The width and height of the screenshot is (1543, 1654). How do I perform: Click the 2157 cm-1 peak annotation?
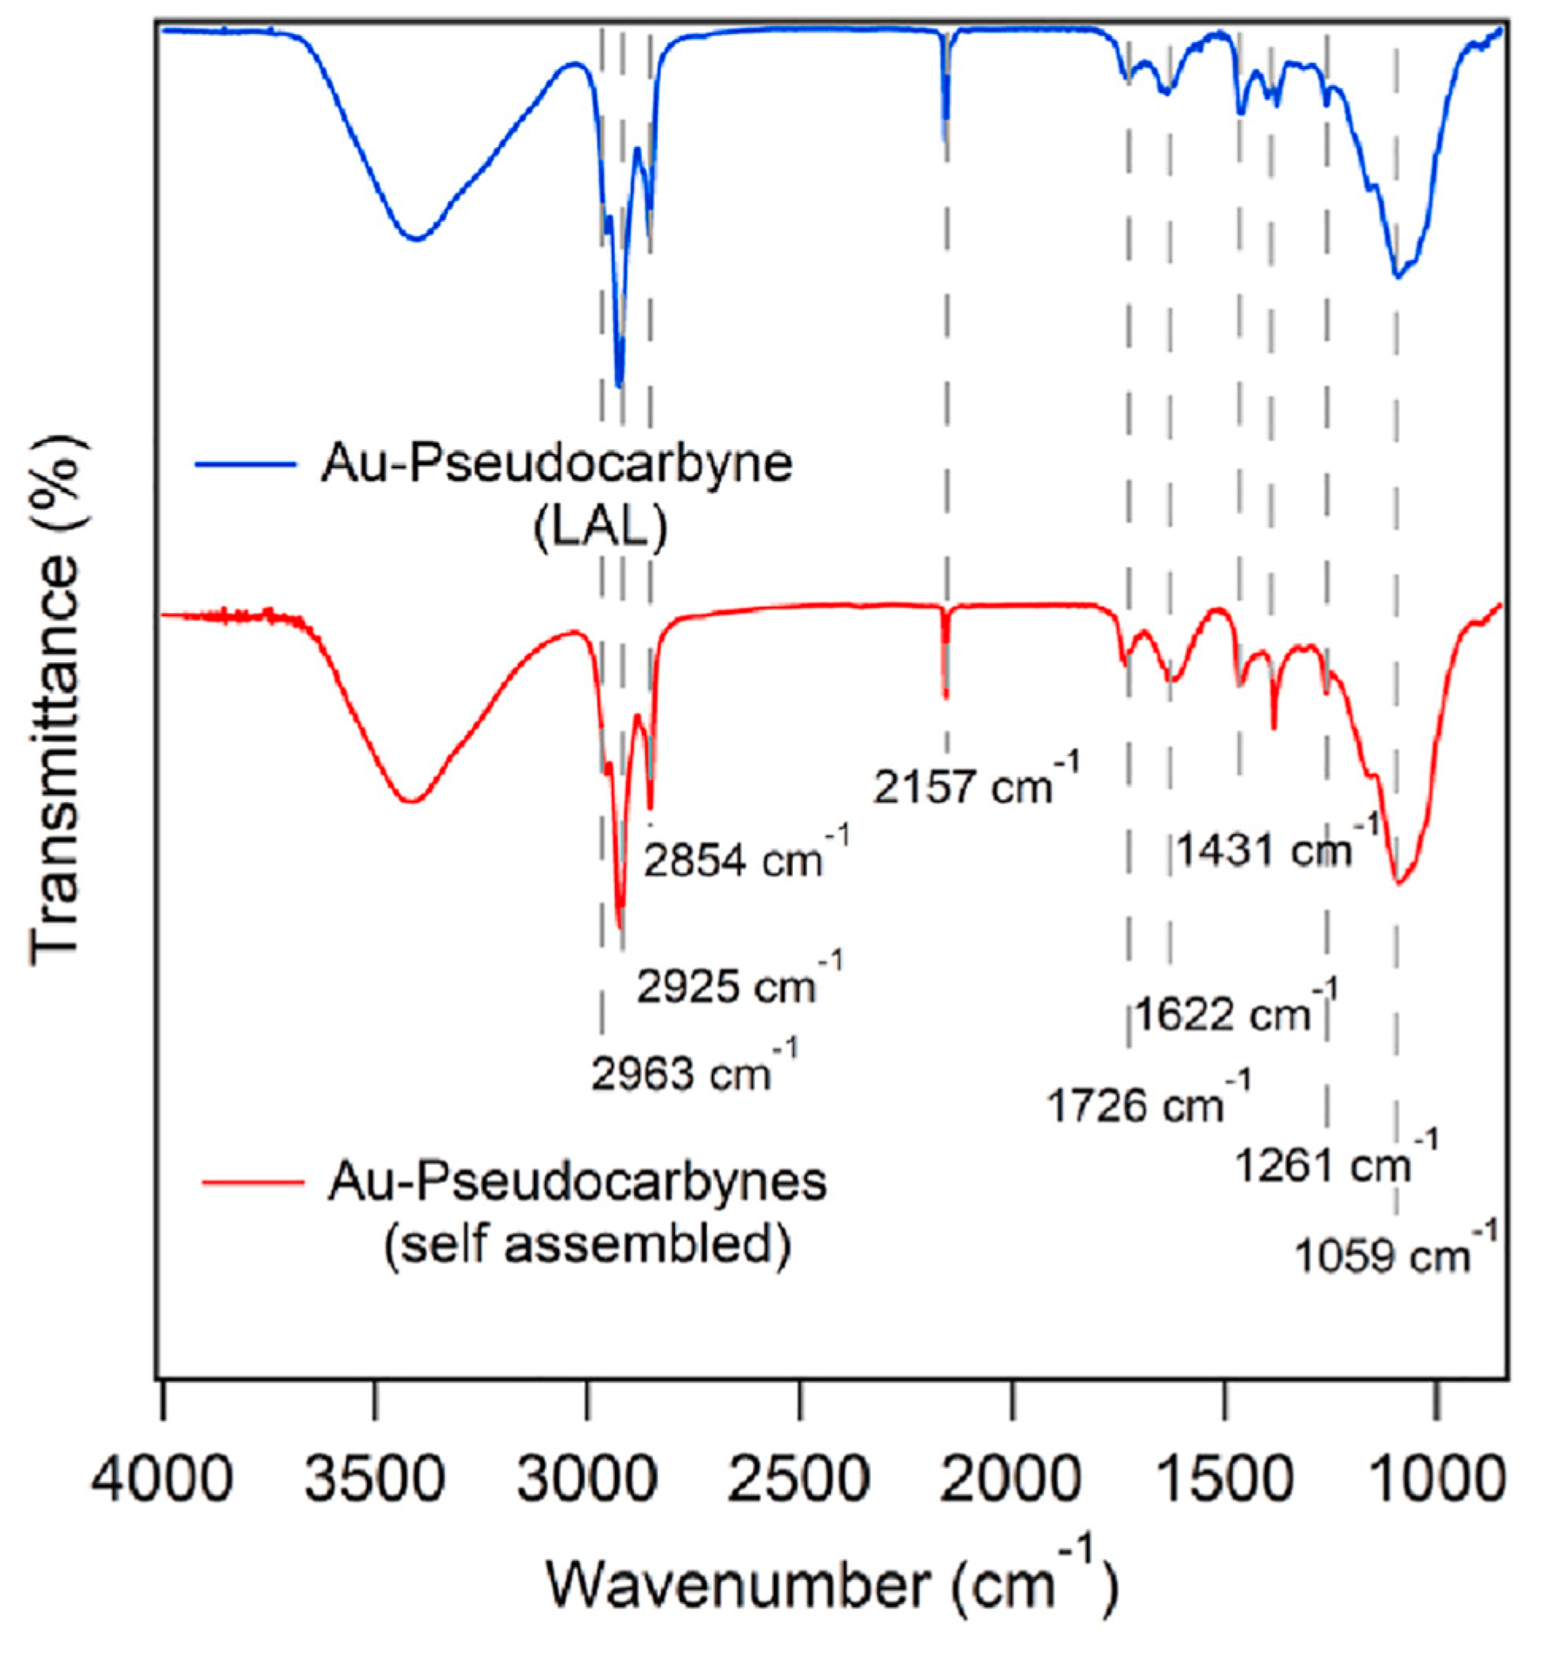pos(975,783)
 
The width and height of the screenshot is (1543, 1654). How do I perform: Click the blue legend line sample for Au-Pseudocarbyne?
pos(246,463)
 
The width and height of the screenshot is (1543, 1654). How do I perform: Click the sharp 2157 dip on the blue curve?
pos(945,138)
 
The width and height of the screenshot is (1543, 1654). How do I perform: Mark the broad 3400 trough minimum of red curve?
pos(411,801)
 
